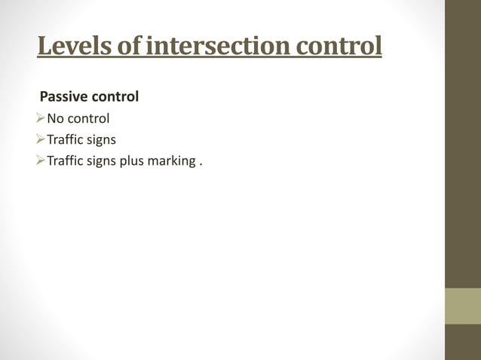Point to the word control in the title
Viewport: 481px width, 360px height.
pos(339,46)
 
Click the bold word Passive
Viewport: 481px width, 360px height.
pos(64,97)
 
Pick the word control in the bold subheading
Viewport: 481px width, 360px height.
pos(115,97)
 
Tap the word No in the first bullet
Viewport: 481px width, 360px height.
pos(56,118)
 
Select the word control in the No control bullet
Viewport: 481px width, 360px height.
pos(89,118)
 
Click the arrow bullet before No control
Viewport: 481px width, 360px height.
pos(41,118)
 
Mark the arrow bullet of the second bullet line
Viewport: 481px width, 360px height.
pos(41,139)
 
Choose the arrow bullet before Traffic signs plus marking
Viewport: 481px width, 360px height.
pos(41,160)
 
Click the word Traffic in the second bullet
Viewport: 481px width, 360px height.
pos(66,139)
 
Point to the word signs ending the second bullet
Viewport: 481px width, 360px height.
pos(102,139)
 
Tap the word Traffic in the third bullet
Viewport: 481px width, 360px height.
pos(66,160)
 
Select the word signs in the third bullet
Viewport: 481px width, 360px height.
pos(102,160)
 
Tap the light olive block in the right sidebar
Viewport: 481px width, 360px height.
pos(463,305)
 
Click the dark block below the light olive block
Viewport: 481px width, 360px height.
pos(463,342)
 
